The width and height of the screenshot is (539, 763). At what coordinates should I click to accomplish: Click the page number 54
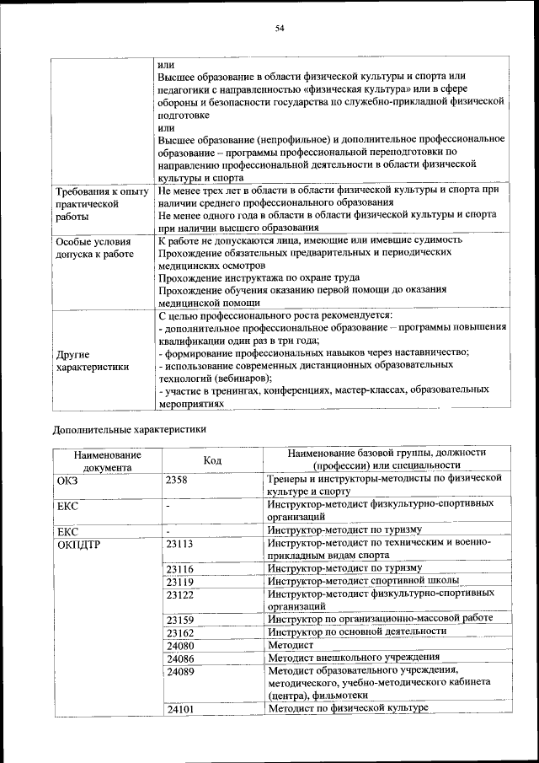(280, 30)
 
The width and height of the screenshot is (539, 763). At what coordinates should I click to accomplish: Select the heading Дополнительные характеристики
(130, 428)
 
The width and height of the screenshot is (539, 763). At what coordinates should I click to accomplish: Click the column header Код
(212, 459)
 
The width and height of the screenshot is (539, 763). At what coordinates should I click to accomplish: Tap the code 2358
(177, 479)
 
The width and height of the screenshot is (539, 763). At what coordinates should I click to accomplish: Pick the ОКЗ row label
(67, 479)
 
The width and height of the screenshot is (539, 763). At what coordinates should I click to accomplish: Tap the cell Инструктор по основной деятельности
(357, 631)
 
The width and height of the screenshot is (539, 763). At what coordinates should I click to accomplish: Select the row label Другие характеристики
(92, 360)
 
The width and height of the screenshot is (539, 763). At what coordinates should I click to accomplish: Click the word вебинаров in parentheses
(233, 377)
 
